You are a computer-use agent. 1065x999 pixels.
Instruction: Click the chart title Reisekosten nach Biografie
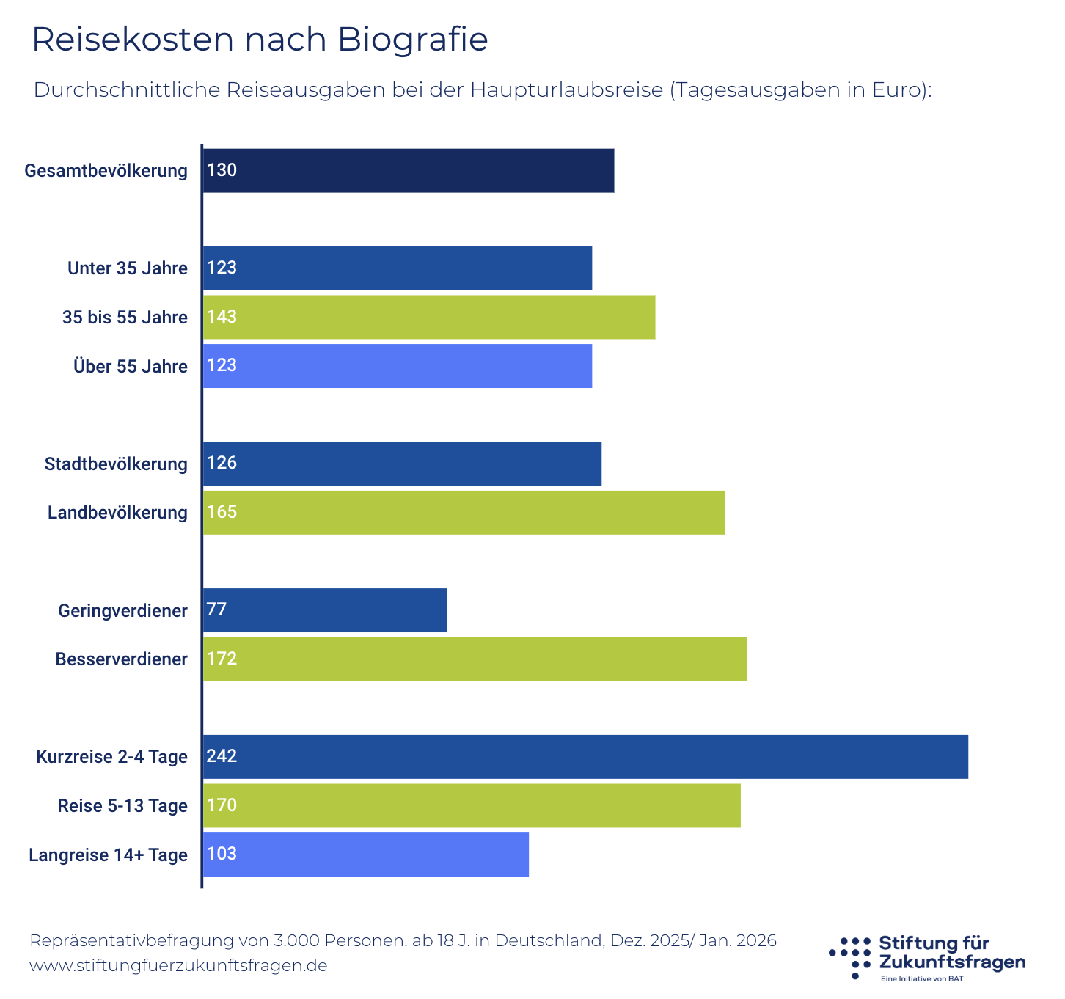point(260,40)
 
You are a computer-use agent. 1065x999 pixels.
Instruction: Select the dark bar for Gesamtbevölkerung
point(408,171)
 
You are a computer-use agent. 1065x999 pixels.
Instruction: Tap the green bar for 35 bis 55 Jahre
point(428,317)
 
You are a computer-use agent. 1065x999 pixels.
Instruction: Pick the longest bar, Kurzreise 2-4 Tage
point(585,757)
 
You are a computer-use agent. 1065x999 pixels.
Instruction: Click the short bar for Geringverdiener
point(324,610)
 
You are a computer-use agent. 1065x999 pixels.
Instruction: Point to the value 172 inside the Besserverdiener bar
point(222,659)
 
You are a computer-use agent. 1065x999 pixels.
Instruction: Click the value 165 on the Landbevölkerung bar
point(222,512)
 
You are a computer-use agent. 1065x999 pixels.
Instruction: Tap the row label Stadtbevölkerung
point(116,464)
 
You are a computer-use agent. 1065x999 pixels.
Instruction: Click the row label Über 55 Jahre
point(131,367)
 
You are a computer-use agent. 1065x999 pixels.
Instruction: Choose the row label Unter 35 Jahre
point(128,268)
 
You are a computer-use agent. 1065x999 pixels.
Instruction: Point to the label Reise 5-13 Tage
point(122,806)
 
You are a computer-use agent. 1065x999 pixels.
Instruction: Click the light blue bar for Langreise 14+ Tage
point(365,855)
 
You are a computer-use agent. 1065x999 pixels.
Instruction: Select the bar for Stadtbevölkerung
point(402,464)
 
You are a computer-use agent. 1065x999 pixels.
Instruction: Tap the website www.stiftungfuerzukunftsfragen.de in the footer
point(178,965)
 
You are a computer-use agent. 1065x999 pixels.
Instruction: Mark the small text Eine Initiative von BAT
point(922,979)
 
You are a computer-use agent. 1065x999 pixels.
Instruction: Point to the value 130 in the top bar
point(222,171)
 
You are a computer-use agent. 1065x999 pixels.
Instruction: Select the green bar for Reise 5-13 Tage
point(471,805)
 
